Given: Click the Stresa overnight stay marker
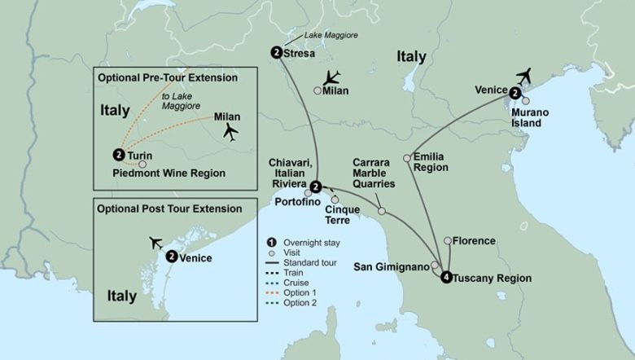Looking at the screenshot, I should (x=278, y=52).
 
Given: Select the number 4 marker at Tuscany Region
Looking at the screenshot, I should (x=446, y=278).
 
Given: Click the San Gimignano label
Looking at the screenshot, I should (x=390, y=266).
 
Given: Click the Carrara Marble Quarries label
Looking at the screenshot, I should (x=373, y=173).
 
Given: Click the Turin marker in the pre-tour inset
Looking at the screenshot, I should (x=119, y=154).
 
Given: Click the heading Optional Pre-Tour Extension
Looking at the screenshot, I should (x=167, y=78).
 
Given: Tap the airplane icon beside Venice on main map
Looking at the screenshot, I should (x=523, y=76).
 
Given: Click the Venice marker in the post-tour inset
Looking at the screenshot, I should (x=172, y=256).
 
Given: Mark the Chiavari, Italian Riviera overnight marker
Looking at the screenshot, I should (x=314, y=185).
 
